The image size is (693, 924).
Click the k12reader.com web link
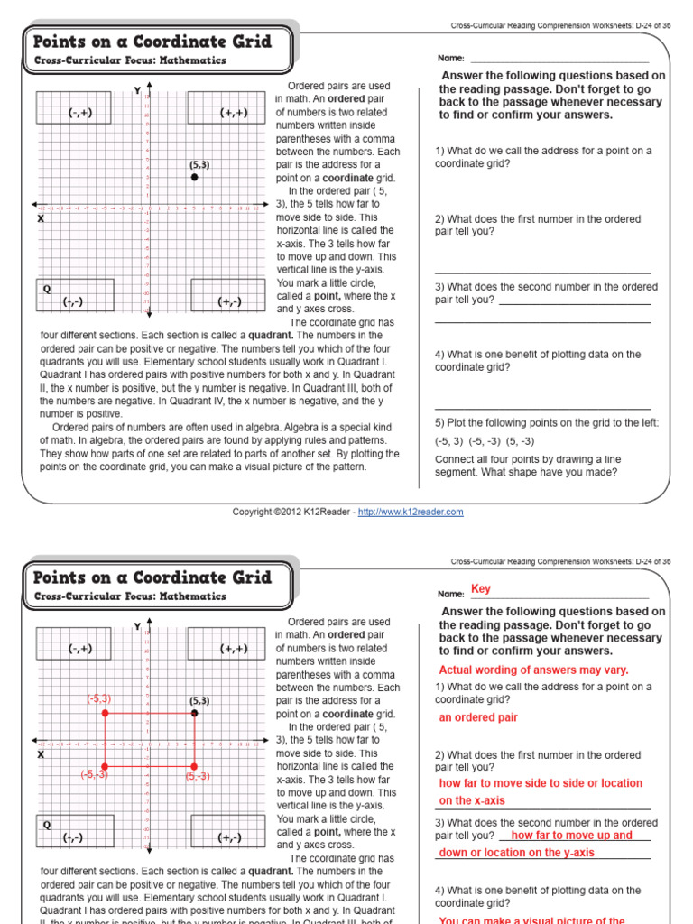(x=411, y=512)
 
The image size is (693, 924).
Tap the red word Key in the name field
(x=481, y=589)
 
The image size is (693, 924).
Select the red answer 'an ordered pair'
(x=478, y=717)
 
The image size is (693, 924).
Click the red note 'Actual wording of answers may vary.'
(x=533, y=670)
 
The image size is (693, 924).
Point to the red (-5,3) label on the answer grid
(x=98, y=698)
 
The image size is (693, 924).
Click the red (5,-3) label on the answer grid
(x=198, y=776)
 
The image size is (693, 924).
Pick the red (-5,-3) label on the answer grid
(x=94, y=774)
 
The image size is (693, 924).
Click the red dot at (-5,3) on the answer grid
(x=106, y=713)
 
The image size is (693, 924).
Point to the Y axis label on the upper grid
(x=137, y=90)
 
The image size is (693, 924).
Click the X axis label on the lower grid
(x=41, y=753)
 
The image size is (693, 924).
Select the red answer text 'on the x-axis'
(x=472, y=800)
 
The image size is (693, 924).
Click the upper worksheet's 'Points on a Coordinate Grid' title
(x=152, y=42)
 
